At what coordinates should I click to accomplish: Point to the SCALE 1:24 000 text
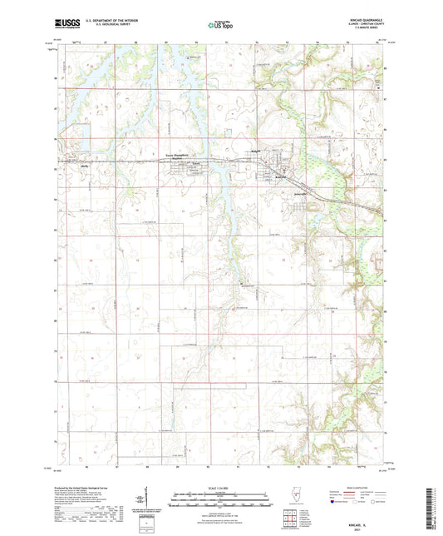click(221, 487)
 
